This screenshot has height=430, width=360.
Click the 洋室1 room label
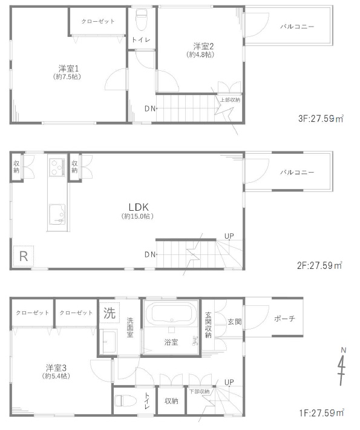68,68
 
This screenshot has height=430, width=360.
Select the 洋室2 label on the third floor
203,46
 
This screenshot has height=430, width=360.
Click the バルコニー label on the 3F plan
296,27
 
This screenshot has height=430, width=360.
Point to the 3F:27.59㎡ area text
321,119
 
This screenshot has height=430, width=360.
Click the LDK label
139,207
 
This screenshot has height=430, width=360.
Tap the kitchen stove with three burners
57,167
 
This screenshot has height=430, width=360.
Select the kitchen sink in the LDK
57,214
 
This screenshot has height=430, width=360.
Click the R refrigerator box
24,256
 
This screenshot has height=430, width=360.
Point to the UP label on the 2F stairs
229,236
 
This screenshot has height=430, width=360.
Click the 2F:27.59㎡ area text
319,265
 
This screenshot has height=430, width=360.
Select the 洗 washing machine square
110,313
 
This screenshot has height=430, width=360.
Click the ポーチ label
284,319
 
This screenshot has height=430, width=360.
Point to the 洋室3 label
56,368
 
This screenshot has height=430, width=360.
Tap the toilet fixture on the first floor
126,401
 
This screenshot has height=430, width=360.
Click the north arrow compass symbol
342,366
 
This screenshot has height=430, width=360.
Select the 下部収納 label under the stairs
200,392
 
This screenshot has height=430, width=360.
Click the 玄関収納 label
208,325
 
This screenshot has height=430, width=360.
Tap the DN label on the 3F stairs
150,109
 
